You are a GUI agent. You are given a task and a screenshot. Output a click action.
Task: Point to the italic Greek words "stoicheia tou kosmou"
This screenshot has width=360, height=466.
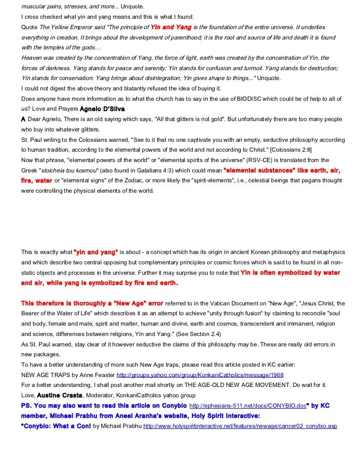[x=67, y=170]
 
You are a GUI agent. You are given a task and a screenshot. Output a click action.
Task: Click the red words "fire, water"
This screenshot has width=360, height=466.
[x=37, y=181]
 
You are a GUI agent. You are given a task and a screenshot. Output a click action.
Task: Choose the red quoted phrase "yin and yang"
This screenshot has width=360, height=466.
[x=95, y=252]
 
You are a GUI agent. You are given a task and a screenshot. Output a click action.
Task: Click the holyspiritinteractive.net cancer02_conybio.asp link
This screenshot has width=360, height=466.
[x=240, y=425]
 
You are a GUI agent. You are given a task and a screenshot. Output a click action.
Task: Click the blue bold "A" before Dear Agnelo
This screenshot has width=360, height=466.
[x=23, y=119]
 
